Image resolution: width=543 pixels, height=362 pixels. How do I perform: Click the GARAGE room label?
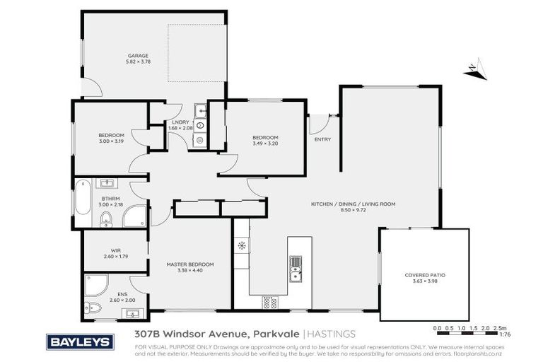pyautogui.click(x=137, y=57)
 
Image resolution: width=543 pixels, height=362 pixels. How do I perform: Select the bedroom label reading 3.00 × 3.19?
pyautogui.click(x=111, y=138)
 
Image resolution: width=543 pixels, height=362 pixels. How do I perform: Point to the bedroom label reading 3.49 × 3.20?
pyautogui.click(x=265, y=140)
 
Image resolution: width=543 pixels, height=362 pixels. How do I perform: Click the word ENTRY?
pyautogui.click(x=322, y=139)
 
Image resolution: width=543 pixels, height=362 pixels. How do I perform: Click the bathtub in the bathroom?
pyautogui.click(x=83, y=200)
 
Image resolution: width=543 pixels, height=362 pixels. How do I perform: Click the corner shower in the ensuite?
pyautogui.click(x=94, y=286)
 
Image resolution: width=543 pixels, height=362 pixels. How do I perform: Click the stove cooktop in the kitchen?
pyautogui.click(x=269, y=302)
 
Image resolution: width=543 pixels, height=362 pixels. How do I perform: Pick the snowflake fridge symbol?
pyautogui.click(x=242, y=246)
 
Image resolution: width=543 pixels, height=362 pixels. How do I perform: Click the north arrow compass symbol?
pyautogui.click(x=474, y=69)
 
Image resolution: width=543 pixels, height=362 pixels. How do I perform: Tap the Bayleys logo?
pyautogui.click(x=79, y=342)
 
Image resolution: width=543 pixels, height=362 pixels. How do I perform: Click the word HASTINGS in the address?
pyautogui.click(x=331, y=334)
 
